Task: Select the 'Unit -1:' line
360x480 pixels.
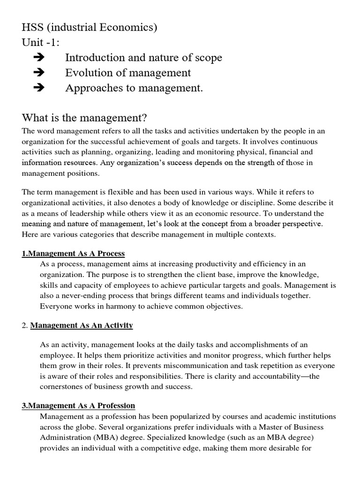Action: [42, 43]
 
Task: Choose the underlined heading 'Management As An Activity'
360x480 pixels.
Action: [82, 325]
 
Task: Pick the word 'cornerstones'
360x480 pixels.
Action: [63, 387]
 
